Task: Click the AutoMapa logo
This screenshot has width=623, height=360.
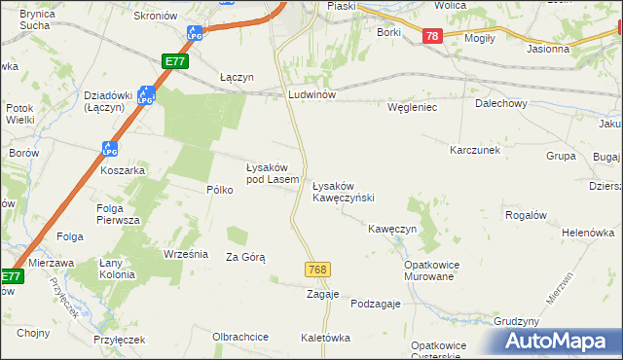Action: [x=558, y=342]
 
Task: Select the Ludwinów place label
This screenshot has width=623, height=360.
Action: [x=311, y=95]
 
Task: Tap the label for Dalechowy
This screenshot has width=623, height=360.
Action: [x=500, y=103]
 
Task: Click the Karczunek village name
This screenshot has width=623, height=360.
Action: [x=474, y=151]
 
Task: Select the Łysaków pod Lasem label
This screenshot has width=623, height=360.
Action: [x=272, y=173]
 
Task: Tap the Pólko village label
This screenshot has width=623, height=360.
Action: [x=219, y=190]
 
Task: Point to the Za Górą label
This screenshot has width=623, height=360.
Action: [x=245, y=257]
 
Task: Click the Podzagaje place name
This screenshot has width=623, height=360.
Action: [x=376, y=304]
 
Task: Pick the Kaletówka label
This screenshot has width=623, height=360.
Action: [x=325, y=338]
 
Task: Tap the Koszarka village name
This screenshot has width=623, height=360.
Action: [x=123, y=170]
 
